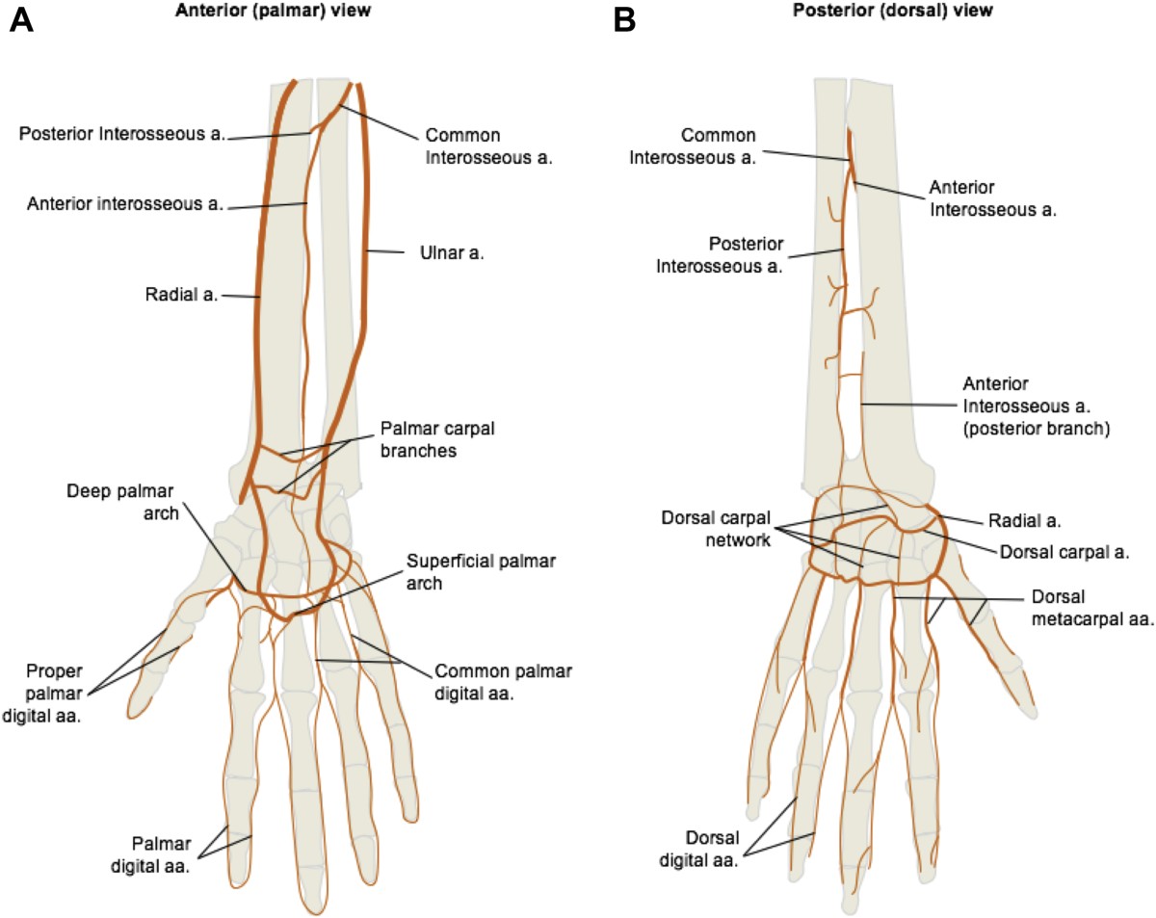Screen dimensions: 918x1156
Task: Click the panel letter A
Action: tap(22, 20)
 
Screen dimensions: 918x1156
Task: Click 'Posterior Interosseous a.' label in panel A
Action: tap(122, 134)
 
